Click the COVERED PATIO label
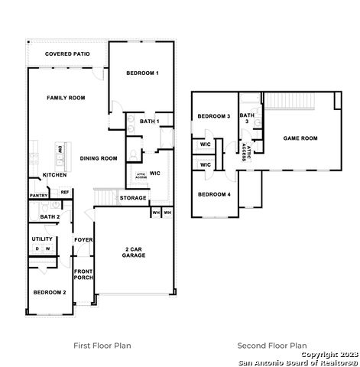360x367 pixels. click(x=67, y=54)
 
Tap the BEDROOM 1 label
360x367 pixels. click(x=142, y=73)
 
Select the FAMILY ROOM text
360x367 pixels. click(x=66, y=98)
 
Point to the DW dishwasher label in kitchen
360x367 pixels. click(x=60, y=149)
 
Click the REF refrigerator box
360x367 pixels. click(x=65, y=192)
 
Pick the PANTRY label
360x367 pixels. click(x=39, y=196)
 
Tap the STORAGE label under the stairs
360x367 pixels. click(x=133, y=198)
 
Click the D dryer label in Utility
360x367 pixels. click(x=37, y=248)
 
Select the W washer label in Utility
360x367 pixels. click(x=47, y=248)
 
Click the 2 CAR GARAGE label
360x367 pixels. click(x=134, y=252)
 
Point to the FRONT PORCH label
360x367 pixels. click(x=83, y=274)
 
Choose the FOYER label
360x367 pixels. click(x=83, y=240)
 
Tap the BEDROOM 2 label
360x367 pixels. click(x=50, y=293)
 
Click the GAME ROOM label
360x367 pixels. click(x=300, y=138)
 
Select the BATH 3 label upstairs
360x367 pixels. click(x=247, y=119)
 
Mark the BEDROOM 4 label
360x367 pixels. click(x=214, y=195)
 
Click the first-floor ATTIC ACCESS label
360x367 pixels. click(x=141, y=176)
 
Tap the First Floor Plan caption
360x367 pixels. click(x=102, y=346)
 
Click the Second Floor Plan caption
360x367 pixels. click(x=272, y=346)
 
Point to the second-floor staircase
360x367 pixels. click(x=290, y=101)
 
